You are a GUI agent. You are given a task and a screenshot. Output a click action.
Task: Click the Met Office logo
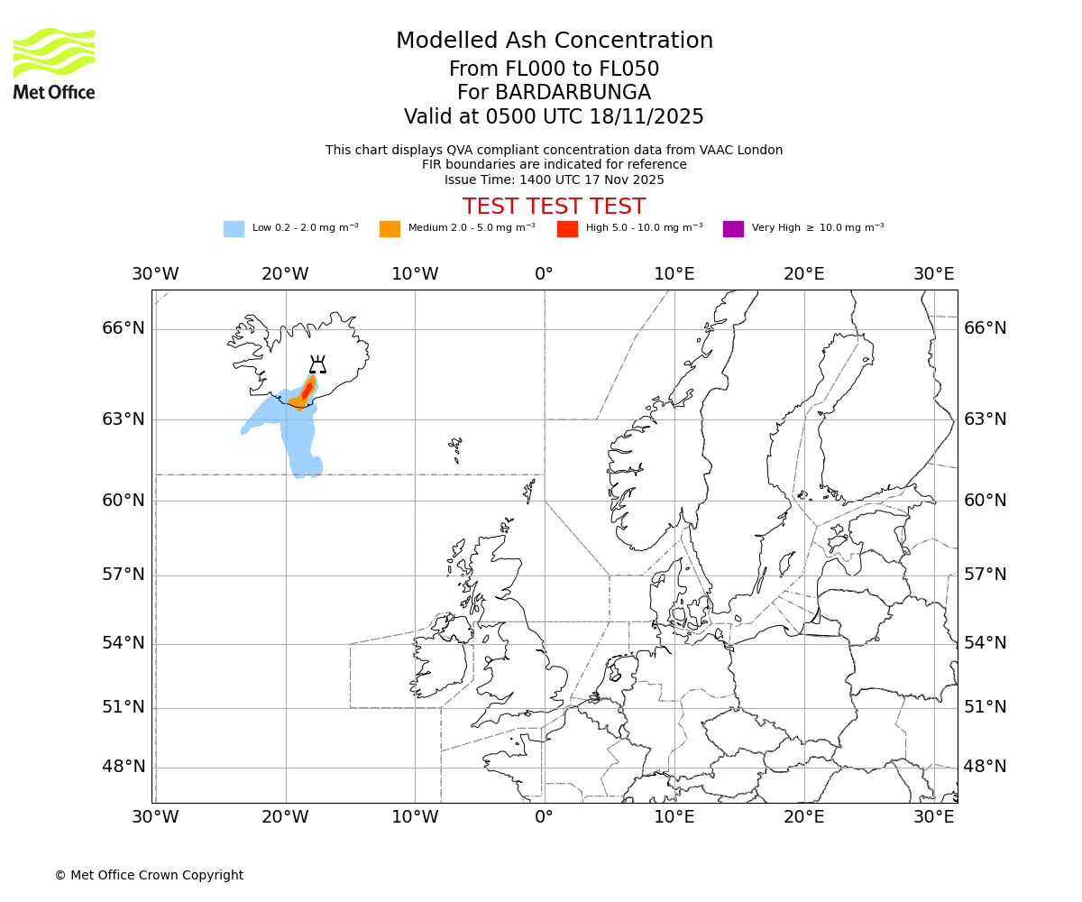tap(54, 63)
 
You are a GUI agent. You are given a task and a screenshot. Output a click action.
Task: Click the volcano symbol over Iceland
tap(317, 364)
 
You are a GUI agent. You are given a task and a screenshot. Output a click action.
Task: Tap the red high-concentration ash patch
tap(307, 390)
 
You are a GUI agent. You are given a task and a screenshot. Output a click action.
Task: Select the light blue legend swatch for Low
tap(234, 228)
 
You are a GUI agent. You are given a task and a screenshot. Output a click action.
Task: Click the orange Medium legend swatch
tap(390, 228)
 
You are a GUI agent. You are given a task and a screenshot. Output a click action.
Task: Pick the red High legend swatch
tap(567, 228)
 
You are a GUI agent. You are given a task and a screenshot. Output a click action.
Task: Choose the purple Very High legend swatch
tap(733, 228)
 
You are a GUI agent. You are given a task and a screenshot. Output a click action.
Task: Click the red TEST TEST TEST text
tap(554, 207)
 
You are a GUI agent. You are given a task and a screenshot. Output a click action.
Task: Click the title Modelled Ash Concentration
tap(554, 41)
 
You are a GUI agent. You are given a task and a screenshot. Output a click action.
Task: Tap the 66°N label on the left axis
tap(124, 327)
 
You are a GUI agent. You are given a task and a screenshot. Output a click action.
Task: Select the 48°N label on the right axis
tap(985, 767)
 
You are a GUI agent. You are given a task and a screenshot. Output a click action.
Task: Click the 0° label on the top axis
tap(544, 273)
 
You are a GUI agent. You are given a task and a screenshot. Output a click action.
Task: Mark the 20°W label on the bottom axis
tap(285, 817)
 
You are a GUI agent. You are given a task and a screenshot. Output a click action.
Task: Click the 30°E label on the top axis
tap(933, 273)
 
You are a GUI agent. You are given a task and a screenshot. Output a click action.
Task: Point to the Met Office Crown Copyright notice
tap(149, 875)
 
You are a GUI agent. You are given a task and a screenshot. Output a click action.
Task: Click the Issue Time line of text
tap(554, 179)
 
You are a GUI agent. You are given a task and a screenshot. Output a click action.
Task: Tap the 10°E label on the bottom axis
tap(674, 817)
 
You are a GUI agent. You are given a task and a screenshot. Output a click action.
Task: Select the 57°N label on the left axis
tap(124, 575)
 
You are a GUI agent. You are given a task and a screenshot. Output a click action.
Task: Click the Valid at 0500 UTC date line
tap(554, 116)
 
